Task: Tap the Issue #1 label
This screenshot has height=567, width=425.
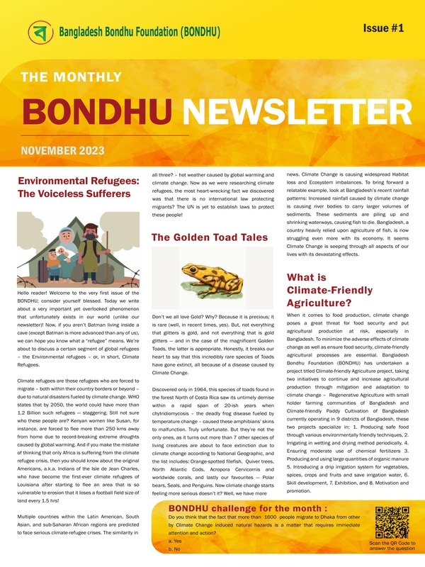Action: point(383,27)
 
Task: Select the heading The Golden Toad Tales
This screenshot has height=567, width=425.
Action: point(208,237)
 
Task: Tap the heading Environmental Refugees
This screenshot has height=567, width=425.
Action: point(77,181)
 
